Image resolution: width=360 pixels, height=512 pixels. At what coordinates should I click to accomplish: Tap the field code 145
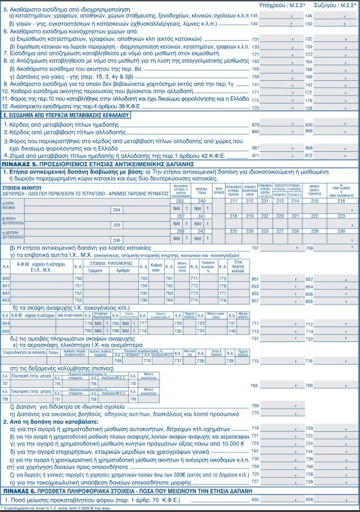click(254, 14)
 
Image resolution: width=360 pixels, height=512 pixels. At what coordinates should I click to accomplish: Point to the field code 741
click(254, 85)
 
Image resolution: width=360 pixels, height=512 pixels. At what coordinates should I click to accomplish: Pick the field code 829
click(254, 123)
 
